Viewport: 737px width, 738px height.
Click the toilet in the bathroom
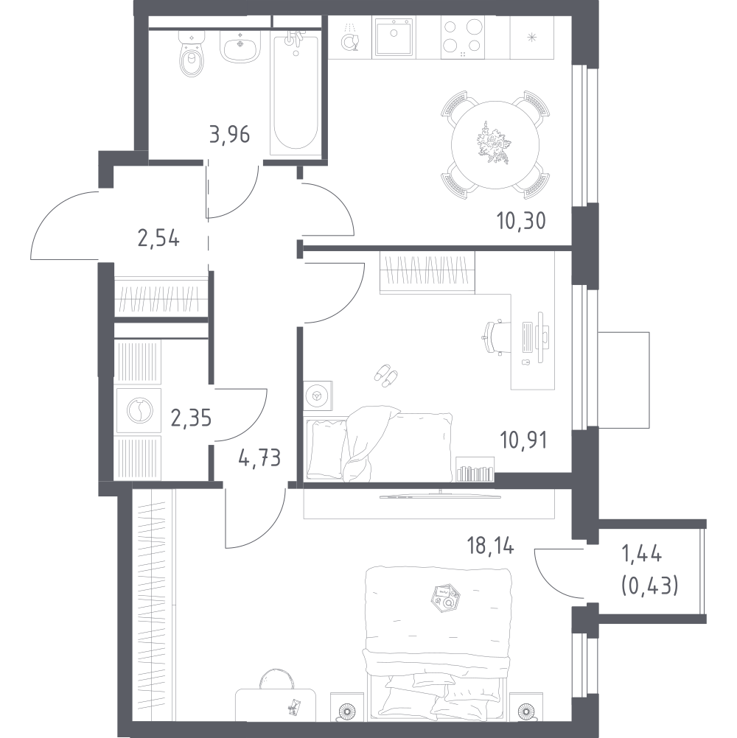click(x=192, y=53)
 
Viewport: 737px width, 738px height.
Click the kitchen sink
click(x=394, y=38)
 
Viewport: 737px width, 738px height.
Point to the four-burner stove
click(x=462, y=38)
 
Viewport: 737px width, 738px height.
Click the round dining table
click(x=495, y=144)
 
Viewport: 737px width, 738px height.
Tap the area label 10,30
click(x=521, y=220)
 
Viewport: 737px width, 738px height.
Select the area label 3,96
click(x=230, y=135)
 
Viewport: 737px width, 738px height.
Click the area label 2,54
click(x=158, y=239)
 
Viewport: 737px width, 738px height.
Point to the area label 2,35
click(x=191, y=418)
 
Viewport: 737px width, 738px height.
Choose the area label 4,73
click(x=259, y=457)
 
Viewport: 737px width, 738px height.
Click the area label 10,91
click(x=523, y=440)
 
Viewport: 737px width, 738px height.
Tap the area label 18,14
click(x=491, y=547)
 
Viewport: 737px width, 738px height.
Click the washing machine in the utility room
click(x=139, y=410)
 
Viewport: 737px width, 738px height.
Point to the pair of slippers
click(x=385, y=375)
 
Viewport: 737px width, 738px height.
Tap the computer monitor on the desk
click(x=541, y=337)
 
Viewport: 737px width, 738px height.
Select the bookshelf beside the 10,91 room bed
click(x=475, y=469)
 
